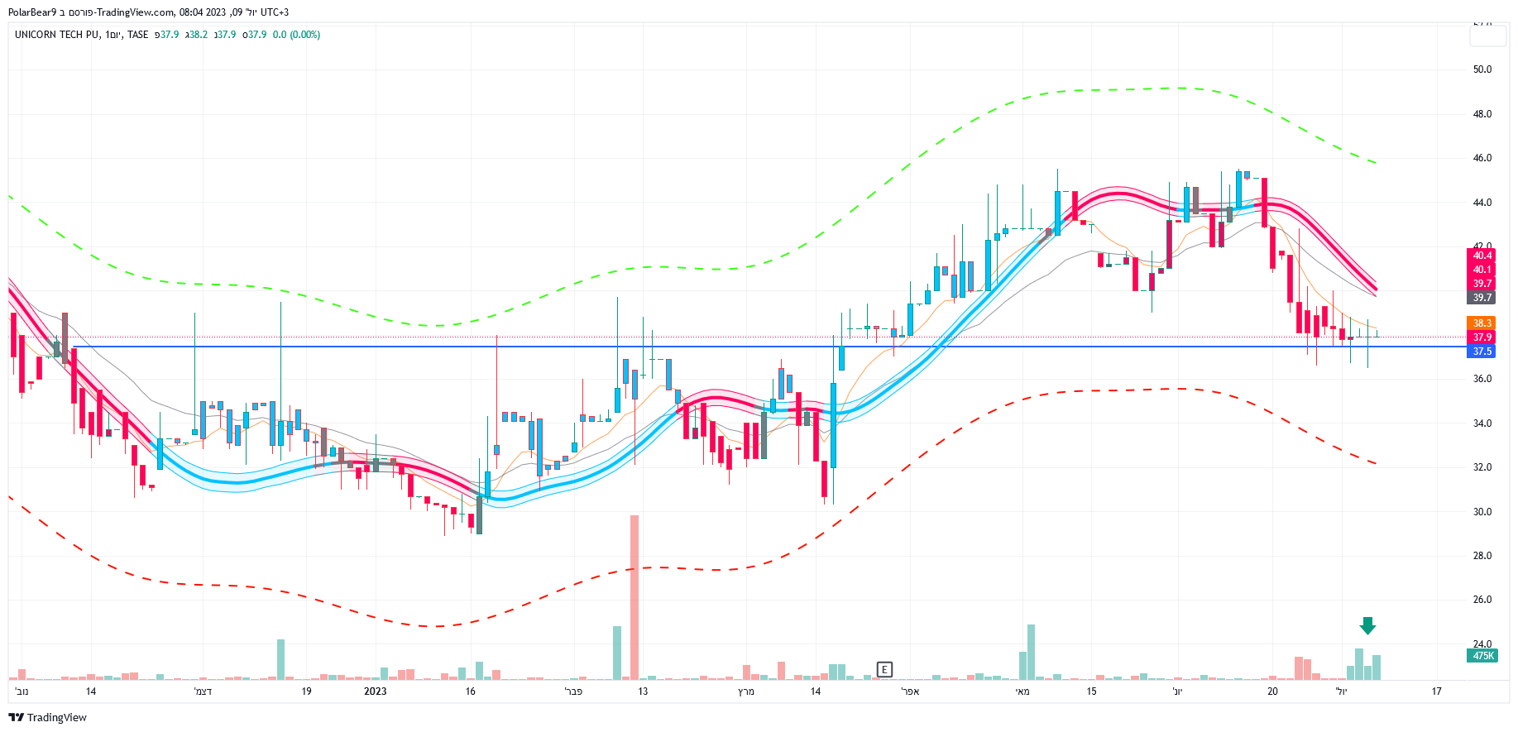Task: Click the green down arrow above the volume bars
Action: [x=1367, y=626]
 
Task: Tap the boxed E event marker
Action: [x=884, y=669]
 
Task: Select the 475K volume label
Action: [x=1482, y=656]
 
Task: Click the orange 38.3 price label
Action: [x=1482, y=323]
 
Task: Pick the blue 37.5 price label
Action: [x=1482, y=352]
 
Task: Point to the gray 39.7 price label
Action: [x=1482, y=298]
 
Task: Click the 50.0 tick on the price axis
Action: [x=1482, y=69]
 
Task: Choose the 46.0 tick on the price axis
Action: [x=1482, y=158]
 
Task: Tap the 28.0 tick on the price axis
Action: [x=1482, y=556]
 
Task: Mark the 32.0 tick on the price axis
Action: [x=1482, y=467]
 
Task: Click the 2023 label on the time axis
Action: [x=375, y=691]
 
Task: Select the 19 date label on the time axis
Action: [x=306, y=691]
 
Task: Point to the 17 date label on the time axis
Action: [x=1436, y=691]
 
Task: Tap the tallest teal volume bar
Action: [x=1031, y=652]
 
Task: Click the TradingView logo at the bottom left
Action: [x=48, y=717]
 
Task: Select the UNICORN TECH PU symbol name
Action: [x=56, y=35]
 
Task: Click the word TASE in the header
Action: [x=137, y=35]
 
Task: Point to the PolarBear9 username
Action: [x=32, y=12]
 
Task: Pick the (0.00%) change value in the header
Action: [x=304, y=35]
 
